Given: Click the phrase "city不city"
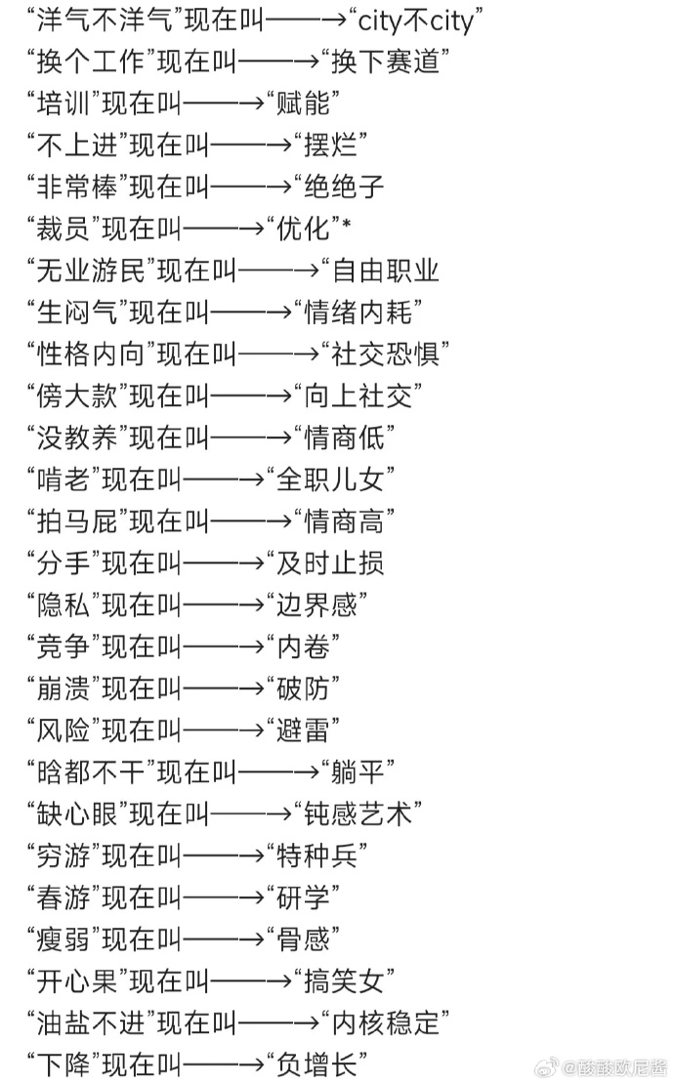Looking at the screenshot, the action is [415, 21].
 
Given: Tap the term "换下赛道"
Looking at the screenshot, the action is [386, 63].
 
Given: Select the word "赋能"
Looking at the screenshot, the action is [303, 104].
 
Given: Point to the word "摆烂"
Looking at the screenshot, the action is [330, 146].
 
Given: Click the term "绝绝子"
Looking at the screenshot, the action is [344, 187].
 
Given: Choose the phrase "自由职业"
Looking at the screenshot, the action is [386, 271].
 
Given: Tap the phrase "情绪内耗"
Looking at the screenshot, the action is [358, 313].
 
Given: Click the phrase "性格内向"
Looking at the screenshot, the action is [91, 354].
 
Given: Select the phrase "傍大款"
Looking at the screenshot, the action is [77, 396].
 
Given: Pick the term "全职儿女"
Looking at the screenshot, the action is [330, 479].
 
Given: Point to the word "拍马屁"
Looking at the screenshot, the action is [77, 521].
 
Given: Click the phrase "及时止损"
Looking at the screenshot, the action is [330, 563].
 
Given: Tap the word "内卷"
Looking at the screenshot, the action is [303, 646].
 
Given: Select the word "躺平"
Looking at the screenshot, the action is [358, 771].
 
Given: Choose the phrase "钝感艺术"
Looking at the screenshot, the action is [358, 813].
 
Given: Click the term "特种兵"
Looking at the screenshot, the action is [316, 855].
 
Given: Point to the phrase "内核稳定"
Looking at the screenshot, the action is [386, 1023].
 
